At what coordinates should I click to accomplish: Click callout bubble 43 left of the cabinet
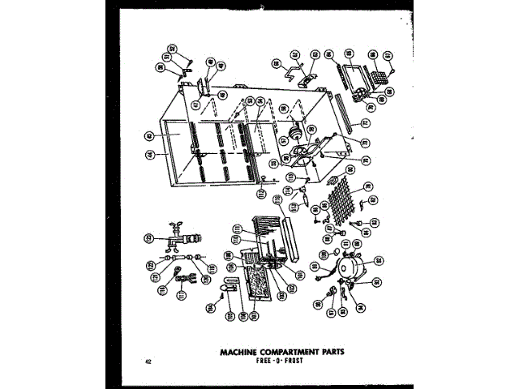click(x=151, y=136)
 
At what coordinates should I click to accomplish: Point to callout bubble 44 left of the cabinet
click(x=151, y=153)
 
